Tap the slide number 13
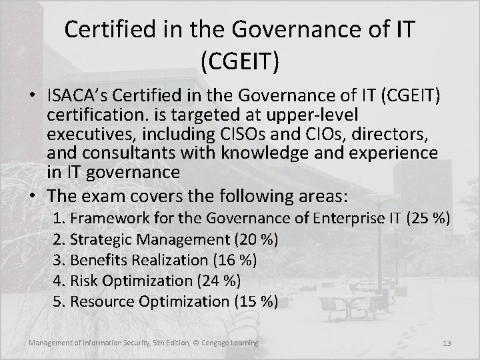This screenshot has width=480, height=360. [447, 343]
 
